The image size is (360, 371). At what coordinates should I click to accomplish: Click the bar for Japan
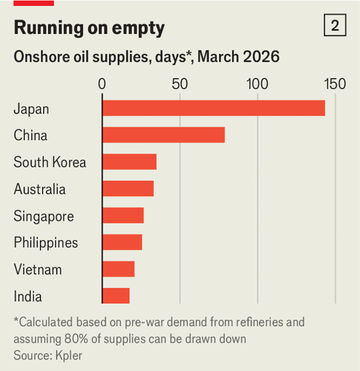[x=214, y=108]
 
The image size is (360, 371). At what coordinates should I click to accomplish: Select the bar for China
[x=164, y=135]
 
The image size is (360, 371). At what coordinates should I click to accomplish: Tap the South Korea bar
[x=130, y=162]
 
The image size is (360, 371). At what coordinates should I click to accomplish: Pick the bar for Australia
[x=128, y=189]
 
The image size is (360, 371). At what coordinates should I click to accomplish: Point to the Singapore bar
[x=123, y=216]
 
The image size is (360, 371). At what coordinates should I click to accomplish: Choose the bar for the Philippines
[x=122, y=242]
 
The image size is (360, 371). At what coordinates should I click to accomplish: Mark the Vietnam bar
[x=118, y=269]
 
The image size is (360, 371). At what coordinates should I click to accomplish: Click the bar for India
[x=116, y=296]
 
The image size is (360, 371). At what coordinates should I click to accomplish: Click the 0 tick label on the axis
[x=103, y=83]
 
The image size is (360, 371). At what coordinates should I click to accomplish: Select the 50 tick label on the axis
[x=180, y=83]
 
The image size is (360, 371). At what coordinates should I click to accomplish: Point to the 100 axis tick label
[x=257, y=83]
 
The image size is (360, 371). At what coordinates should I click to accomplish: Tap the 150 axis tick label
[x=334, y=83]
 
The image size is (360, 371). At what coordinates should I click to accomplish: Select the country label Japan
[x=31, y=109]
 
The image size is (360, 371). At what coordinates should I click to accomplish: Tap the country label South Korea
[x=50, y=163]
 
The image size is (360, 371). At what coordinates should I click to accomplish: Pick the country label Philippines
[x=46, y=243]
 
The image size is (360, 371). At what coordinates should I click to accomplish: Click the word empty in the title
[x=139, y=28]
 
